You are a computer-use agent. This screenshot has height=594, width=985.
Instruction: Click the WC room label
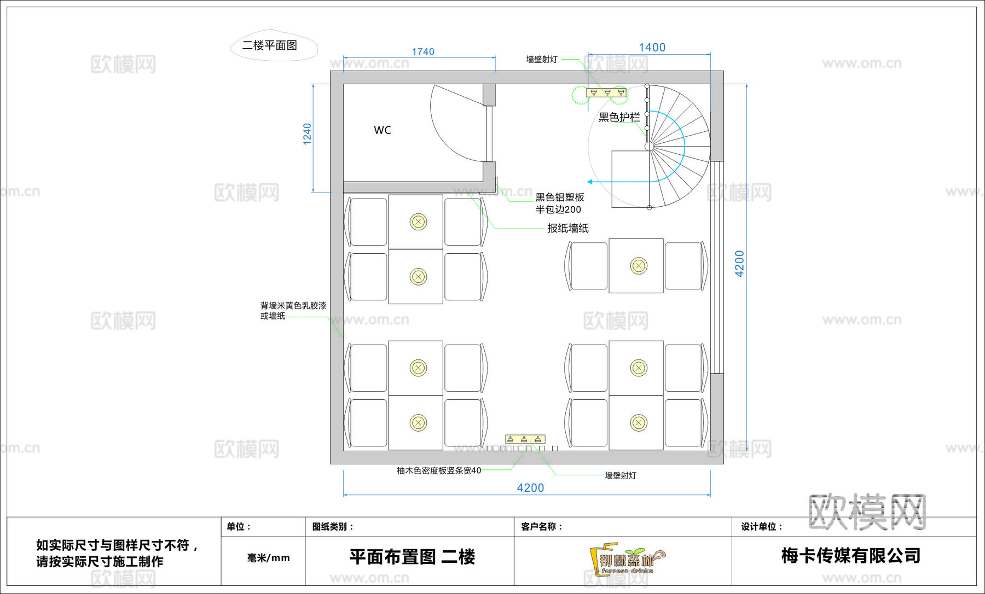(x=382, y=130)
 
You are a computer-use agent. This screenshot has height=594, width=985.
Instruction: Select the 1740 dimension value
(x=422, y=52)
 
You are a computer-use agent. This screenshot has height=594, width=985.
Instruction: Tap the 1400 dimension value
(x=652, y=48)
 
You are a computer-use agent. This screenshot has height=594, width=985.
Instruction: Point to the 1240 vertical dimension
(x=308, y=134)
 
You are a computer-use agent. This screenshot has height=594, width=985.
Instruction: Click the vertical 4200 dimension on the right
(x=739, y=264)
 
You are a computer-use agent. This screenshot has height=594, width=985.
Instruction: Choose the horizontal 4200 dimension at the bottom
(x=530, y=488)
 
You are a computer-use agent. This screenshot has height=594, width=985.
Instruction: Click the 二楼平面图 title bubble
(x=270, y=45)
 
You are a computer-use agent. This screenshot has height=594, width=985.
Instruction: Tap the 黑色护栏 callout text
(x=619, y=117)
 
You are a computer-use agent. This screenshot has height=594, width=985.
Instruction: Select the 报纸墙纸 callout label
(x=568, y=229)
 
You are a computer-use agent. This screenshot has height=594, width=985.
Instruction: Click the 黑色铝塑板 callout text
(x=559, y=197)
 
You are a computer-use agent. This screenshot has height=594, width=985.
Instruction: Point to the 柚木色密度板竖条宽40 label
(x=439, y=470)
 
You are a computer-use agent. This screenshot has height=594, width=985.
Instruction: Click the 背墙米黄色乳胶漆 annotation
(x=293, y=306)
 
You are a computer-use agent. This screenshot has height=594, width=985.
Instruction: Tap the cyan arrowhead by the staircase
(x=590, y=182)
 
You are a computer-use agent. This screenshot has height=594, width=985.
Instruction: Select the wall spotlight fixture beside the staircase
(x=606, y=92)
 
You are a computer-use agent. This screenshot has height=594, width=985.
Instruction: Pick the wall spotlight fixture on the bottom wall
(x=525, y=439)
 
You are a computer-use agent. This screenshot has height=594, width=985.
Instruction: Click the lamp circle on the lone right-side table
(x=639, y=266)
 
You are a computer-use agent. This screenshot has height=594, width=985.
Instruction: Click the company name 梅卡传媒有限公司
(x=850, y=556)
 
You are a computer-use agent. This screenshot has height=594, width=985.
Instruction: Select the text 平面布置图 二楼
(x=412, y=557)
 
